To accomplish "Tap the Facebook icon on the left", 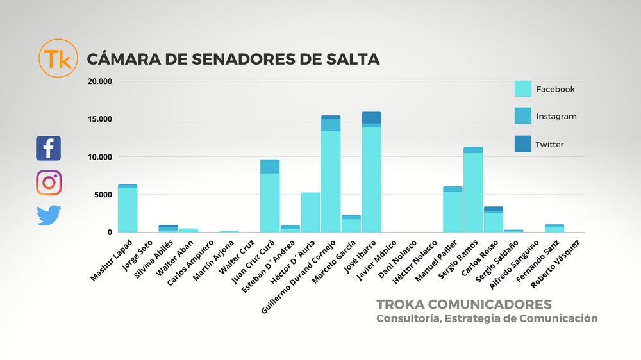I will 49,148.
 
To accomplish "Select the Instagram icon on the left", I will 49,183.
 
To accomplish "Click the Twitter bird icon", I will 49,215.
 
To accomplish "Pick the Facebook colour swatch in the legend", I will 523,89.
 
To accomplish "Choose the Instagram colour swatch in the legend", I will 523,116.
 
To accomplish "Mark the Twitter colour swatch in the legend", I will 523,144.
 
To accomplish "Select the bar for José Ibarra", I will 372,173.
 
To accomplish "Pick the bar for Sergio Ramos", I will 473,190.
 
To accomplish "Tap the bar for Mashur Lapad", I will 128,209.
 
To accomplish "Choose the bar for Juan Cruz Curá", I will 270,196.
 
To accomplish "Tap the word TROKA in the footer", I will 399,303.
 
